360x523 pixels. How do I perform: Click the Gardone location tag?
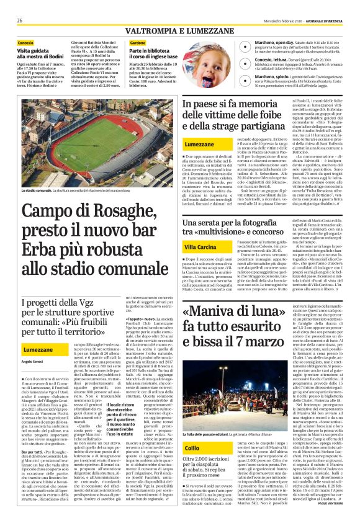coord(138,43)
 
